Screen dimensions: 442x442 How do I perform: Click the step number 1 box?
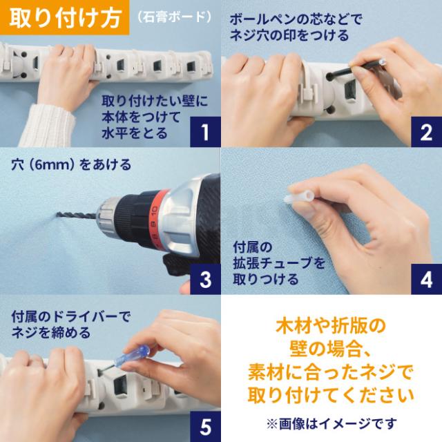[205, 132]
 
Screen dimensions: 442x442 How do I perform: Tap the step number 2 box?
[426, 132]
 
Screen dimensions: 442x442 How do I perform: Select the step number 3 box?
[205, 279]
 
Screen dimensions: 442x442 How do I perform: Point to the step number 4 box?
[426, 279]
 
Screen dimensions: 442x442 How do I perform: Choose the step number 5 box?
[205, 427]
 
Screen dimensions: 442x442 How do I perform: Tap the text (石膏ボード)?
[175, 17]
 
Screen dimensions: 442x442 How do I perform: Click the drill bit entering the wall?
[77, 216]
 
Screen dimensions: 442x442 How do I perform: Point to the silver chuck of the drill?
[108, 216]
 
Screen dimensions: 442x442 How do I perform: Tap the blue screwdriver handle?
[132, 356]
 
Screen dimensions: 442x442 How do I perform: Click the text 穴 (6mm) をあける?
[71, 164]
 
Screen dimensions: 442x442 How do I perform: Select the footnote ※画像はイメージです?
[331, 423]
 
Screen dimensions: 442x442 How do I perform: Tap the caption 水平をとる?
[135, 133]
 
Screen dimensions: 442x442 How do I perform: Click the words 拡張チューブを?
[279, 263]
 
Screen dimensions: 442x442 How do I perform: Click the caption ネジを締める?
[50, 332]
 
